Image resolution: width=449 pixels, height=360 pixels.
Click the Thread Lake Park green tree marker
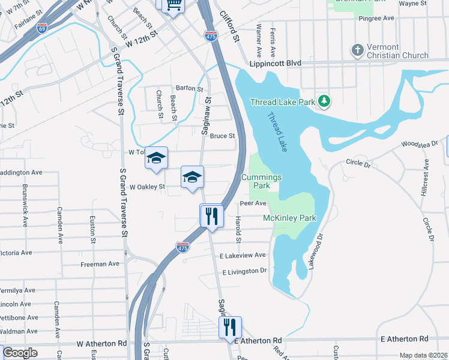[325, 101]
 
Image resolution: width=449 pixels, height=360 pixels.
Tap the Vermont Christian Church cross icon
[358, 50]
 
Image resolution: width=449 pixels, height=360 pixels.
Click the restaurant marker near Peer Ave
[211, 215]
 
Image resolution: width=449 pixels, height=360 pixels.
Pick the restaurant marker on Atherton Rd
[229, 328]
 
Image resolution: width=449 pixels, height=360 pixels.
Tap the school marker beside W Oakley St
[193, 177]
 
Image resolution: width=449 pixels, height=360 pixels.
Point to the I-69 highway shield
[41, 28]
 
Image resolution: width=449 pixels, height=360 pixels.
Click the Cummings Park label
[261, 181]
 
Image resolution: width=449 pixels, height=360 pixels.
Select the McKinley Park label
[289, 218]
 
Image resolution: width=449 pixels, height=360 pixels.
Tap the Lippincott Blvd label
[275, 63]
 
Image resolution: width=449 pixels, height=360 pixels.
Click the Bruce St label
[222, 136]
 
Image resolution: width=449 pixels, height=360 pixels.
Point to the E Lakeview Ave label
[243, 255]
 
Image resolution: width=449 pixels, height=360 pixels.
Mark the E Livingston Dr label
[244, 271]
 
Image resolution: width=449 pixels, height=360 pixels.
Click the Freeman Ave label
[100, 264]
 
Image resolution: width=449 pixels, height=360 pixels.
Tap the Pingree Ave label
[376, 19]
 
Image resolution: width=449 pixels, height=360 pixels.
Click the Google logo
[20, 353]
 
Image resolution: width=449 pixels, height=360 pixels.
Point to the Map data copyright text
[424, 355]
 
